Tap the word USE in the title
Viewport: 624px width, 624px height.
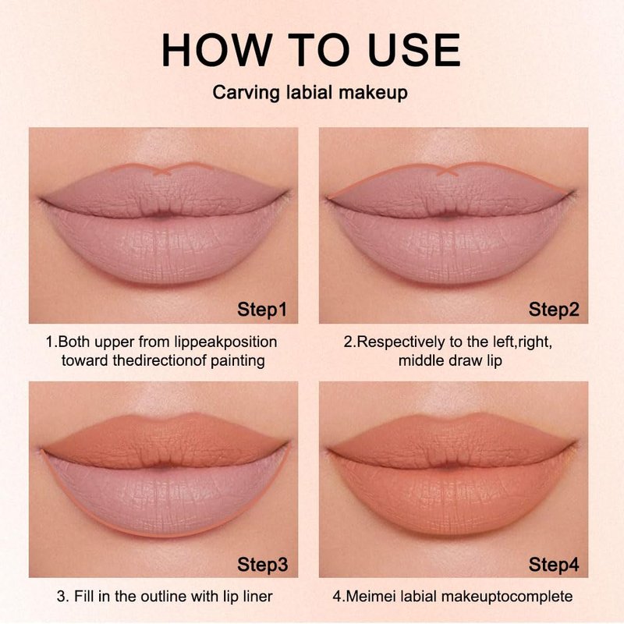(414, 50)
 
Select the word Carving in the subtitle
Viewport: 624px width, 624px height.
(246, 93)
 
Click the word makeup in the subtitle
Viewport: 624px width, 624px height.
(374, 93)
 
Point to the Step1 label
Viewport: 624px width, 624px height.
(262, 309)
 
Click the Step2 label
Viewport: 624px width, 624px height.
(554, 309)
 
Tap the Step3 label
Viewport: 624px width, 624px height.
(262, 564)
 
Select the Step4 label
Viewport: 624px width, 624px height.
(554, 564)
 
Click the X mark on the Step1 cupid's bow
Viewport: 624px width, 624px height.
(162, 171)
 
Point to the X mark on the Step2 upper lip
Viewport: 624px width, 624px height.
(447, 171)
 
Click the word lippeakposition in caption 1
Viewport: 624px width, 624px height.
(225, 342)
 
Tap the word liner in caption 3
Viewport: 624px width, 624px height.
(257, 596)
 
